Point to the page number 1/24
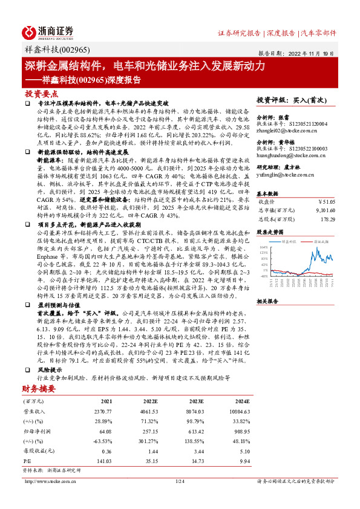179,481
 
